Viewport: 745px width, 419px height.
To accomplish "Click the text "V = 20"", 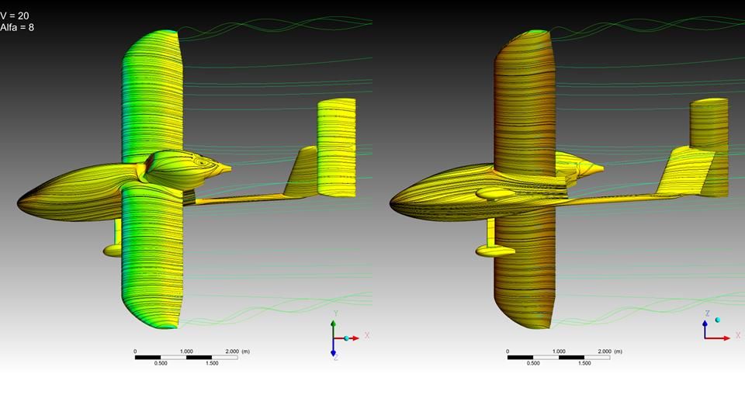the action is pos(15,16).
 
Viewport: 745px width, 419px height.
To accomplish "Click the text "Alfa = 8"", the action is pos(17,28).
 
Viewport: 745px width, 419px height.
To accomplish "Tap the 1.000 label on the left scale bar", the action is pos(186,351).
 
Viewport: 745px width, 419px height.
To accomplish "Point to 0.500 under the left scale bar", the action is pos(161,363).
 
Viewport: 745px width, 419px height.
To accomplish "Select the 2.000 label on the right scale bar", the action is pos(605,351).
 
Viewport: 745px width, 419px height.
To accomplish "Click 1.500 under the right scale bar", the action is pos(584,363).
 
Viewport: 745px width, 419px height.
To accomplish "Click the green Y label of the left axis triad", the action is pos(335,313).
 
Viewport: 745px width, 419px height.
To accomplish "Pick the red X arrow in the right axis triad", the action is pos(717,338).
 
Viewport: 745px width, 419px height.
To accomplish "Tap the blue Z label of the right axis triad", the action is pos(708,313).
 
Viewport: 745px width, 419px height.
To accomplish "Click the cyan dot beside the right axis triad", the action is pos(717,320).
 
